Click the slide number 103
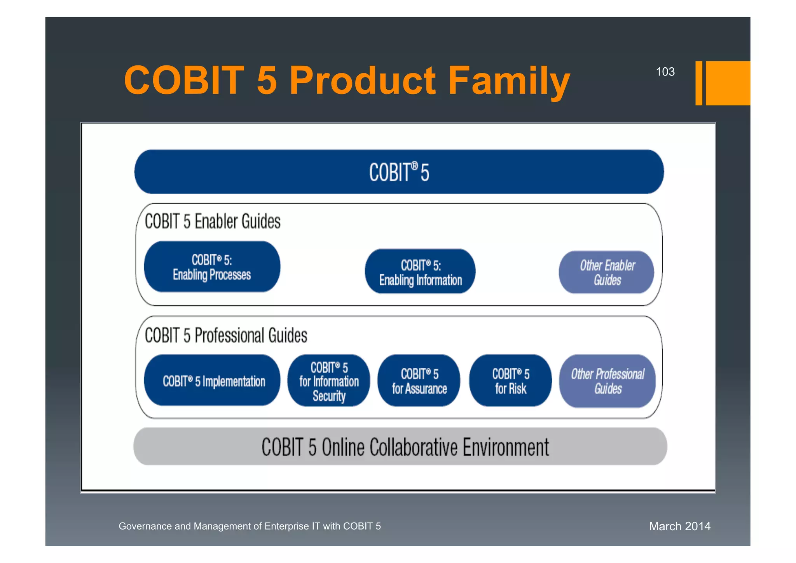click(665, 72)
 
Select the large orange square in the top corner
click(728, 83)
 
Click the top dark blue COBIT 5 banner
click(399, 172)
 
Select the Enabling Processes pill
click(212, 267)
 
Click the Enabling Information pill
click(420, 272)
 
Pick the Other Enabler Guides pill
click(606, 272)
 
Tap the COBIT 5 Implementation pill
click(212, 381)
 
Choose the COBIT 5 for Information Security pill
click(329, 381)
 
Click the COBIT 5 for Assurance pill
click(419, 381)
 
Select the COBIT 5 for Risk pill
click(510, 381)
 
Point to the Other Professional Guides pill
click(607, 381)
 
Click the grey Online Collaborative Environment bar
click(400, 446)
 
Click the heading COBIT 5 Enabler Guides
click(213, 221)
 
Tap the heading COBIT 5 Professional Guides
click(226, 335)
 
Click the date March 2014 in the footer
click(679, 526)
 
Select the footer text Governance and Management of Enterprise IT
click(250, 526)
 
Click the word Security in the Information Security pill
click(329, 396)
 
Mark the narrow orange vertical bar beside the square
click(698, 83)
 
